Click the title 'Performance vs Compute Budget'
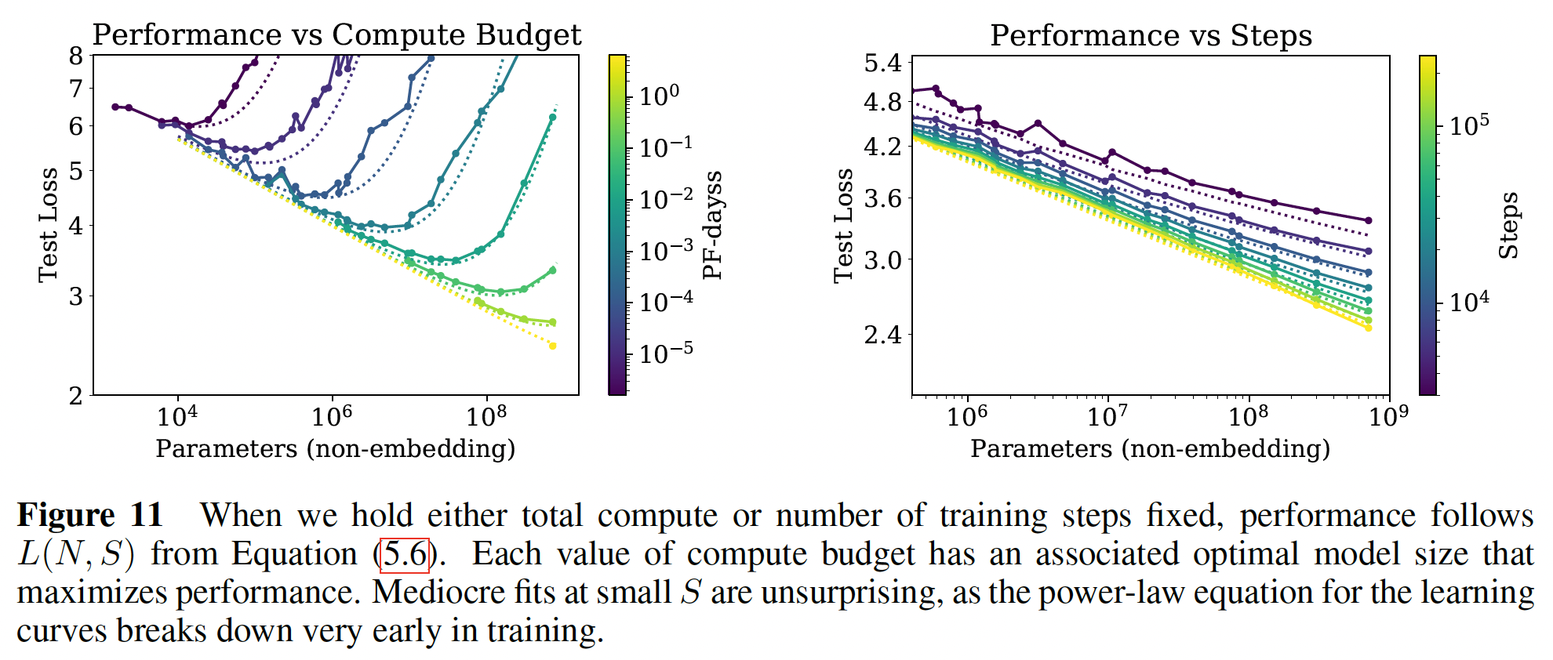tap(336, 35)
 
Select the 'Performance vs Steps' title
tap(1151, 36)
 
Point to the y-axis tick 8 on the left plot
tap(76, 56)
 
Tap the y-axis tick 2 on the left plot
tap(76, 396)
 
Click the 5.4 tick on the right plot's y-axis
tap(883, 63)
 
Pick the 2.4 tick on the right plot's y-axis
tap(883, 335)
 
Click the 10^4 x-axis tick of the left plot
tap(177, 416)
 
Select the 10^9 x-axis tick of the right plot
tap(1388, 416)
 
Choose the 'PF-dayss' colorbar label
tap(712, 225)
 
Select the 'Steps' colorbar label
tap(1508, 225)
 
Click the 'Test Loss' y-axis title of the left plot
tap(49, 225)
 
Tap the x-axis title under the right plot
tap(1151, 449)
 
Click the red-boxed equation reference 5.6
tap(405, 555)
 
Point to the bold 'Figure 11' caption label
tap(89, 516)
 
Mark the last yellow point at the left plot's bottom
tap(552, 346)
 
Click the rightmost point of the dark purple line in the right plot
tap(1369, 221)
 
